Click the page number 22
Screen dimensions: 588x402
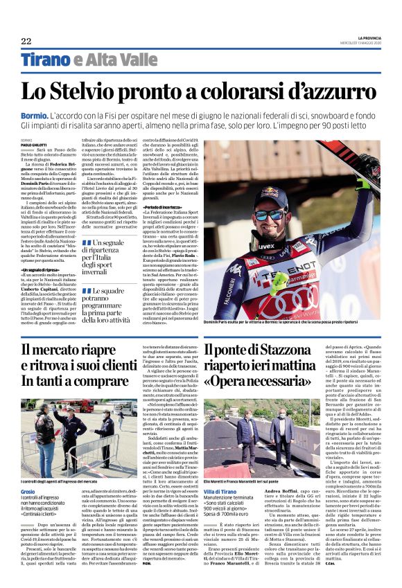[26, 41]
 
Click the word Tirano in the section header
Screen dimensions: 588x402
[44, 60]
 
